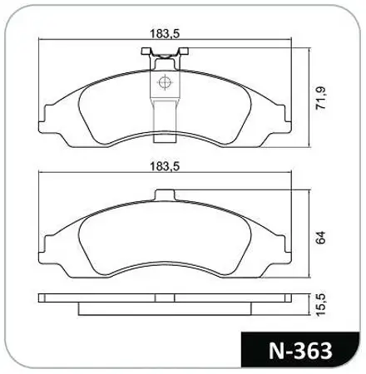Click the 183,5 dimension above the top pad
point(165,33)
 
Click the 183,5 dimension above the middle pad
point(165,166)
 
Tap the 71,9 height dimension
point(321,98)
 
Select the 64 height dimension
point(321,238)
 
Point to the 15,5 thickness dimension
point(321,305)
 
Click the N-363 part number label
point(300,351)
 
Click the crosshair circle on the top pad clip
point(165,82)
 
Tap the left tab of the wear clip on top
point(146,51)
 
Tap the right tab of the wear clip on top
point(183,51)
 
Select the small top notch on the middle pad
point(166,194)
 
